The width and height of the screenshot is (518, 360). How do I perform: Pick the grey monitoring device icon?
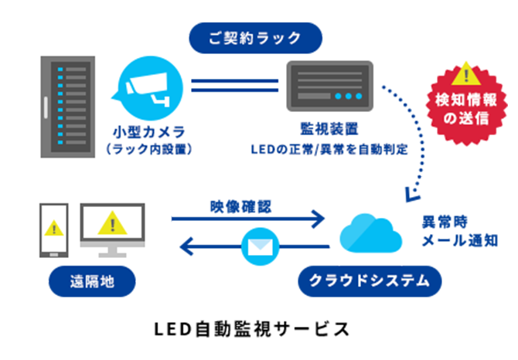click(329, 85)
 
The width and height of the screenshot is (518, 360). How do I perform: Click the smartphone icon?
click(53, 231)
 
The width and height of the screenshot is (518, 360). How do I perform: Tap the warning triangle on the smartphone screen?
click(53, 229)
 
